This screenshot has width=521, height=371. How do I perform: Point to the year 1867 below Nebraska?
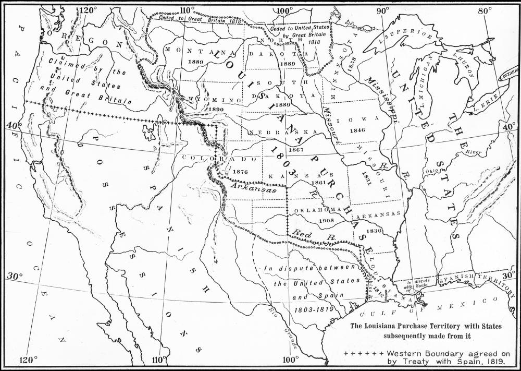point(295,150)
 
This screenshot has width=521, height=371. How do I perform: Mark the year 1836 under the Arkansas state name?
point(374,231)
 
